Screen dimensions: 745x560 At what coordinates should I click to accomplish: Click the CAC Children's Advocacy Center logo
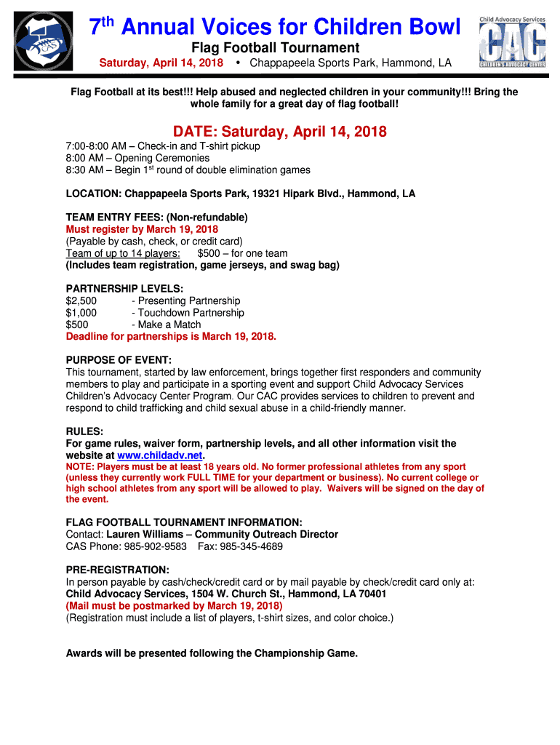(511, 41)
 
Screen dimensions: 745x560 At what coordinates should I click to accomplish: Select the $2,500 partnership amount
(81, 300)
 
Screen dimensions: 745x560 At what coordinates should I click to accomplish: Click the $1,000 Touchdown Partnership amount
(81, 313)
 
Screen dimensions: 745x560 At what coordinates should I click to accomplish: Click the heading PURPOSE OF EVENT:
(119, 360)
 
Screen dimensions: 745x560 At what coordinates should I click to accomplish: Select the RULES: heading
(84, 431)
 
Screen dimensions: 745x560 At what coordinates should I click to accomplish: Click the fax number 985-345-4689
(252, 546)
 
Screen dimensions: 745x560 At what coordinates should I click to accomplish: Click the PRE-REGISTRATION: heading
(117, 570)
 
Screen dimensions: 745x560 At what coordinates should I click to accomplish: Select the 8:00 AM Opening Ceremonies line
(137, 158)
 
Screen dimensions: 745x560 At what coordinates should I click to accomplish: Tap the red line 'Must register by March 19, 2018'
(142, 229)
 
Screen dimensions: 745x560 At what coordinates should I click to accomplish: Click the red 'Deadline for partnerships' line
(171, 337)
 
